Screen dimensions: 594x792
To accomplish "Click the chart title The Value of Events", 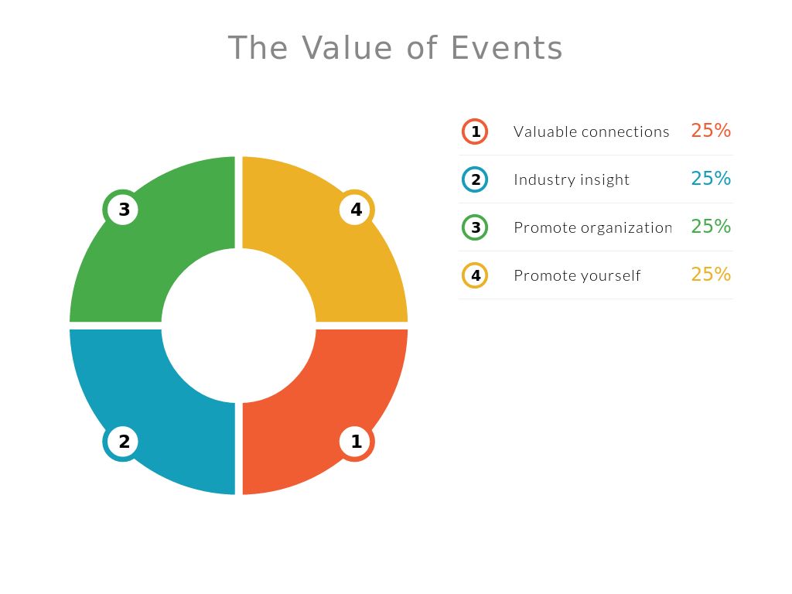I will [x=395, y=48].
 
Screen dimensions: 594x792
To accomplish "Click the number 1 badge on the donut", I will [x=356, y=442].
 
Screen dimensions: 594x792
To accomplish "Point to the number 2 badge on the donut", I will [x=123, y=442].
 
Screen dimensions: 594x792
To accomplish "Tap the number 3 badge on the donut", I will [x=123, y=209].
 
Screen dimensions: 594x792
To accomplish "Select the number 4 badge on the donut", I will [x=356, y=209].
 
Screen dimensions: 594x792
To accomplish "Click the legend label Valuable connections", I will [x=591, y=131].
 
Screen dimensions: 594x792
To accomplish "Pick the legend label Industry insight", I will [x=572, y=179].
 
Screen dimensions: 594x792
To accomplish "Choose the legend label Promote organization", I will [x=592, y=227].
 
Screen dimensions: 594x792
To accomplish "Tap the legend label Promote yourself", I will [x=577, y=275].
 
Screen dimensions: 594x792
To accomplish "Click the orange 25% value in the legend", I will [x=711, y=131].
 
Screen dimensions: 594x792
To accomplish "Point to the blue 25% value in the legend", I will [x=711, y=179].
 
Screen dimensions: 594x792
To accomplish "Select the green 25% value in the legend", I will [x=711, y=227].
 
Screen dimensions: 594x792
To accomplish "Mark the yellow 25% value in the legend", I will [x=711, y=275].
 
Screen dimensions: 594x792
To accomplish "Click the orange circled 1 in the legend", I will [x=475, y=131].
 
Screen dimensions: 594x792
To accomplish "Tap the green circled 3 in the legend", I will [x=475, y=227].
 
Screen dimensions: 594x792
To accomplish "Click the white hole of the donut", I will [x=238, y=325].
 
